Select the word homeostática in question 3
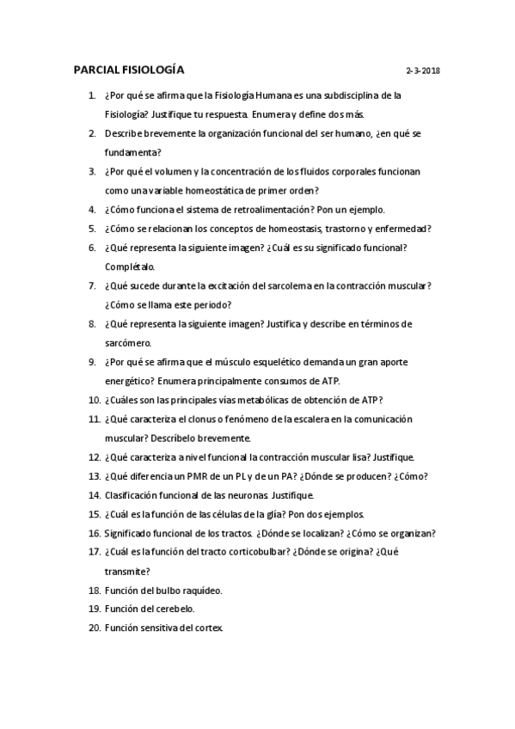(224, 191)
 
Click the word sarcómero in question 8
(128, 342)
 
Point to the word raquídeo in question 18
(199, 590)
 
